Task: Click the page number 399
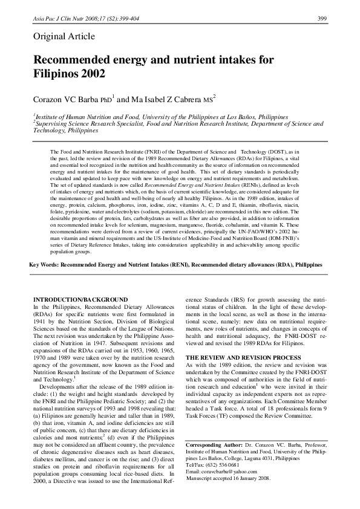(322, 19)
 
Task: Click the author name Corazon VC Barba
(65, 99)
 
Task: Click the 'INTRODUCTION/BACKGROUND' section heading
(80, 300)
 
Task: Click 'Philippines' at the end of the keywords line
(306, 282)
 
